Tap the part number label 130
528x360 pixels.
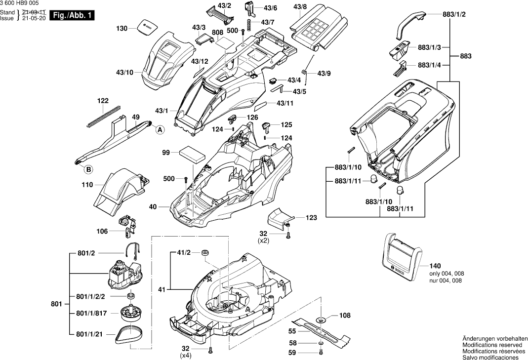coord(122,29)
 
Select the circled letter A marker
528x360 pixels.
coord(160,130)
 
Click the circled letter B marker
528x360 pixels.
coord(88,169)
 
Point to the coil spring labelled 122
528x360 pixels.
coord(104,116)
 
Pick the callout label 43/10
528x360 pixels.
coord(125,72)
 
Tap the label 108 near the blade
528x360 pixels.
coord(345,315)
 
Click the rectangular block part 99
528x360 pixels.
coord(192,154)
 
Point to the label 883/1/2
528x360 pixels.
coord(454,14)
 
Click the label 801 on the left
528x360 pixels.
coord(56,303)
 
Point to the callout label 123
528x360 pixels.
coord(311,217)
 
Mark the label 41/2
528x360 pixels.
coord(183,253)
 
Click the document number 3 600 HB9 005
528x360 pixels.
coord(19,3)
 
